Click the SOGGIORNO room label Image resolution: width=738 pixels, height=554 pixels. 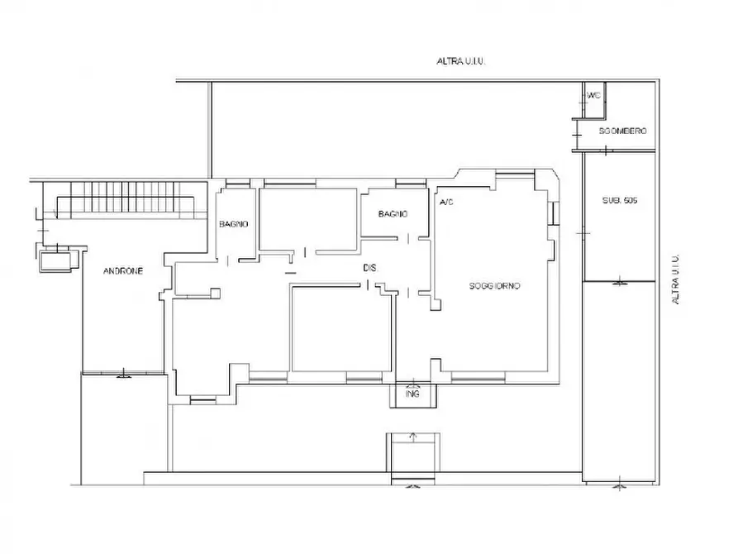tap(494, 286)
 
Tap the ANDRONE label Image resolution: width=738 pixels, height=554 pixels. tap(123, 271)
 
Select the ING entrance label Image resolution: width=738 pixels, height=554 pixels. tap(412, 394)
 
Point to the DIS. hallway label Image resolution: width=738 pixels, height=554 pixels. tap(370, 268)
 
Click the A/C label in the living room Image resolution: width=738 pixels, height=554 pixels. tap(446, 202)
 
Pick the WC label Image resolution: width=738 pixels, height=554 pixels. tap(594, 96)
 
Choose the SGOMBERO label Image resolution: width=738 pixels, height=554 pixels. tap(622, 131)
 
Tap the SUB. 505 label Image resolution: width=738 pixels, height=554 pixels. tap(620, 200)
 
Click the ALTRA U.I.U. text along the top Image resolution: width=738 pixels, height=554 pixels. tap(461, 61)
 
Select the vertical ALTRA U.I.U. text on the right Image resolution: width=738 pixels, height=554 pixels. tap(676, 279)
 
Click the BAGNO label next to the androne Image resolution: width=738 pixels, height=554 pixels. tap(233, 224)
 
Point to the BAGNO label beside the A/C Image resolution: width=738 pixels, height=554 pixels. tap(393, 214)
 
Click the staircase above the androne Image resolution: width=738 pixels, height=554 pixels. tap(125, 200)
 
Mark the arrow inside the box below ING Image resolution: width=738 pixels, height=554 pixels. tap(413, 437)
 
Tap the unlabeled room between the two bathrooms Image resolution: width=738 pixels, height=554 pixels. tap(308, 218)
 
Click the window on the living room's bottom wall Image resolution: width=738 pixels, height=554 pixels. tap(479, 376)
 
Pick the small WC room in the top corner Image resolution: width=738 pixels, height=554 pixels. tap(594, 100)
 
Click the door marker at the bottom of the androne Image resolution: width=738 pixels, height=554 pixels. tap(123, 374)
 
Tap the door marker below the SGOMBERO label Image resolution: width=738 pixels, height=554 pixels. tap(606, 150)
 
